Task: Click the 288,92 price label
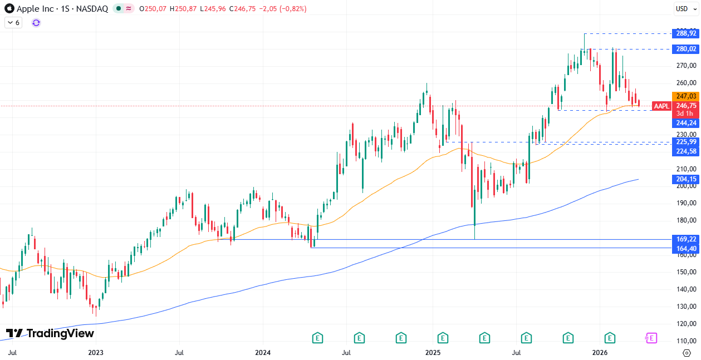(685, 33)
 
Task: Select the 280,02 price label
(685, 49)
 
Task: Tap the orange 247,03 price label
(685, 96)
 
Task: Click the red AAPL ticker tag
(661, 106)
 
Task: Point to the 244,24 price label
(685, 123)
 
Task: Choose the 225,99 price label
(685, 142)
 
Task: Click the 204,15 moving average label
(685, 179)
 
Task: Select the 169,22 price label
(685, 239)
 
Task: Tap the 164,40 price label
(685, 248)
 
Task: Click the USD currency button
(682, 8)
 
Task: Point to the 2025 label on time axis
(433, 353)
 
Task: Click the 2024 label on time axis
(263, 353)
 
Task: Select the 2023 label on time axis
(96, 353)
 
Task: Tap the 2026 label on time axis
(599, 353)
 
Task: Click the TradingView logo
(50, 333)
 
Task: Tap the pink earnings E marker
(650, 338)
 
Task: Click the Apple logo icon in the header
(9, 9)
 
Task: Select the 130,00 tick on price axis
(685, 307)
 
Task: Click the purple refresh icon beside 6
(36, 22)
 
